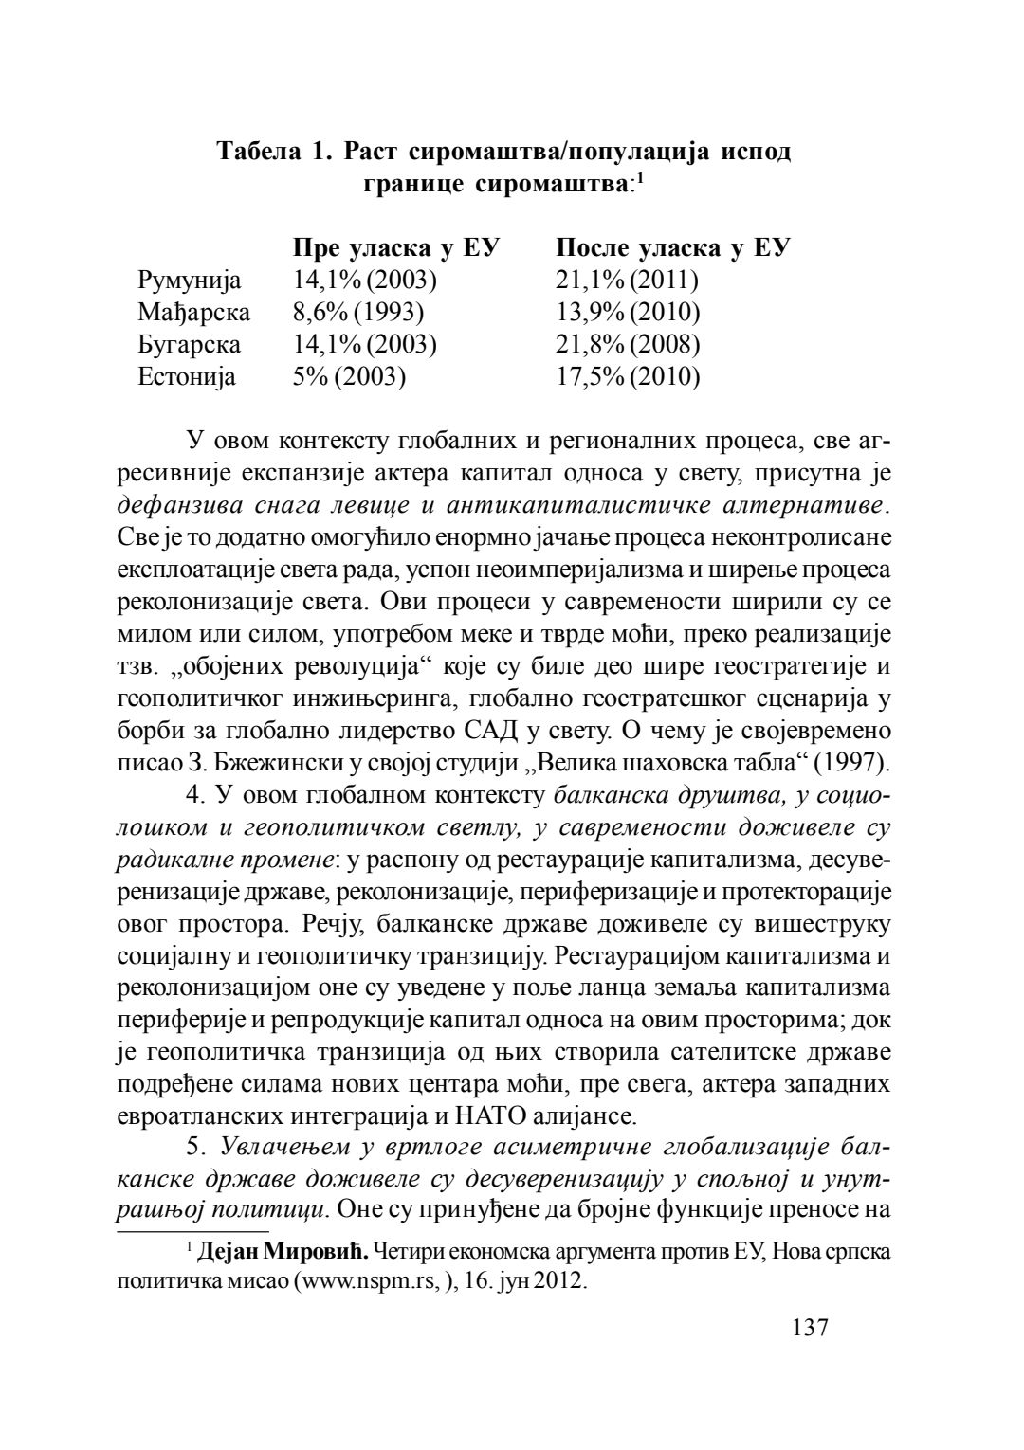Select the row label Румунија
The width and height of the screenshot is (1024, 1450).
pos(189,281)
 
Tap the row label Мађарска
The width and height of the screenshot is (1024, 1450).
pos(193,313)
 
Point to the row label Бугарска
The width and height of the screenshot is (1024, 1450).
pos(189,345)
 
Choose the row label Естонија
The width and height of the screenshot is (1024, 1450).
pos(187,377)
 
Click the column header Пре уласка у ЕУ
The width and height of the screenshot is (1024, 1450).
pos(396,248)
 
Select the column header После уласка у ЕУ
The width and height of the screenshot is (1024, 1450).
pos(673,248)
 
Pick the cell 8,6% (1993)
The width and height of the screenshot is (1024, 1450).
pos(358,313)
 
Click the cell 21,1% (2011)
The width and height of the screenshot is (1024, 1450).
pos(627,281)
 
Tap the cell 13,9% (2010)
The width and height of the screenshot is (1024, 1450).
pos(628,313)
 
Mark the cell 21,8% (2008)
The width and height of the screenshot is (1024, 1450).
pos(628,345)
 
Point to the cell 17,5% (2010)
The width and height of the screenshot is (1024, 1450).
pos(628,377)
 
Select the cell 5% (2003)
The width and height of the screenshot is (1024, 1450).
pos(349,377)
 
